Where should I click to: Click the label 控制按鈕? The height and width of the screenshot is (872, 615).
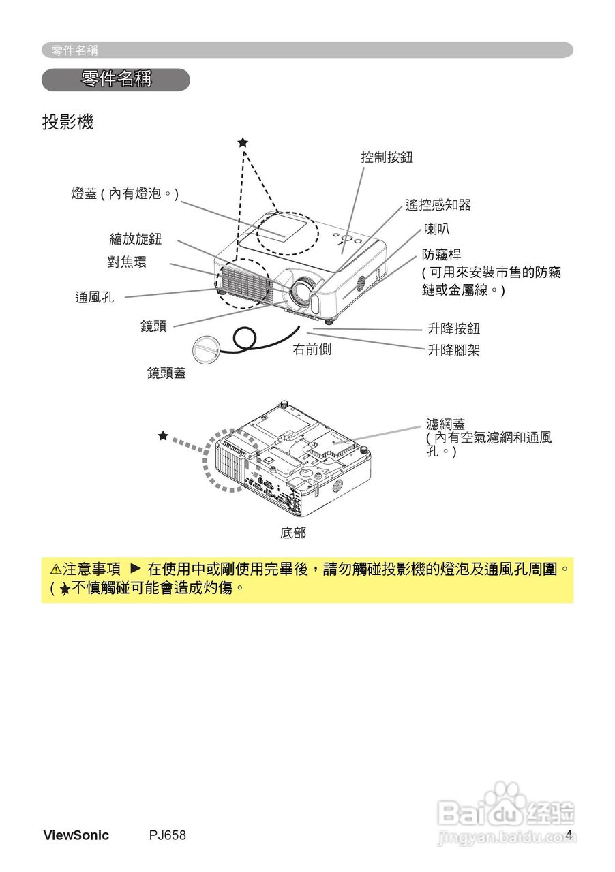click(387, 158)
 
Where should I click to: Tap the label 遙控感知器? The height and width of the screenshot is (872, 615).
click(438, 205)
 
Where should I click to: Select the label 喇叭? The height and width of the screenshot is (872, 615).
click(437, 229)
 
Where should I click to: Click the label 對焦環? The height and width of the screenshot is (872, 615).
click(127, 262)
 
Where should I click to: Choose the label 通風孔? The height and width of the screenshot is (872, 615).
click(95, 297)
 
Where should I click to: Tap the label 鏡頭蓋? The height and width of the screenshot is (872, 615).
click(166, 373)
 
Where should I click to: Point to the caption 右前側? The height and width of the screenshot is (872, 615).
click(312, 350)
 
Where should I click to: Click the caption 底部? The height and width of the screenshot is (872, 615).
click(293, 533)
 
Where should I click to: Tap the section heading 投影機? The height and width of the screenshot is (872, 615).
click(67, 123)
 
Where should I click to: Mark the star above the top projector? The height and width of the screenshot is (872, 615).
click(243, 142)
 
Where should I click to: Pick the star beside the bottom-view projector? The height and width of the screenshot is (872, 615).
click(163, 435)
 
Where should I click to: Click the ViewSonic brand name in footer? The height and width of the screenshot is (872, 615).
click(76, 835)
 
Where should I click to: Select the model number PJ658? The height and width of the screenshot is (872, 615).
click(168, 835)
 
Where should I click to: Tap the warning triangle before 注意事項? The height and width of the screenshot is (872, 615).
click(55, 569)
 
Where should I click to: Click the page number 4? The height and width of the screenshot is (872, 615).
click(568, 835)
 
